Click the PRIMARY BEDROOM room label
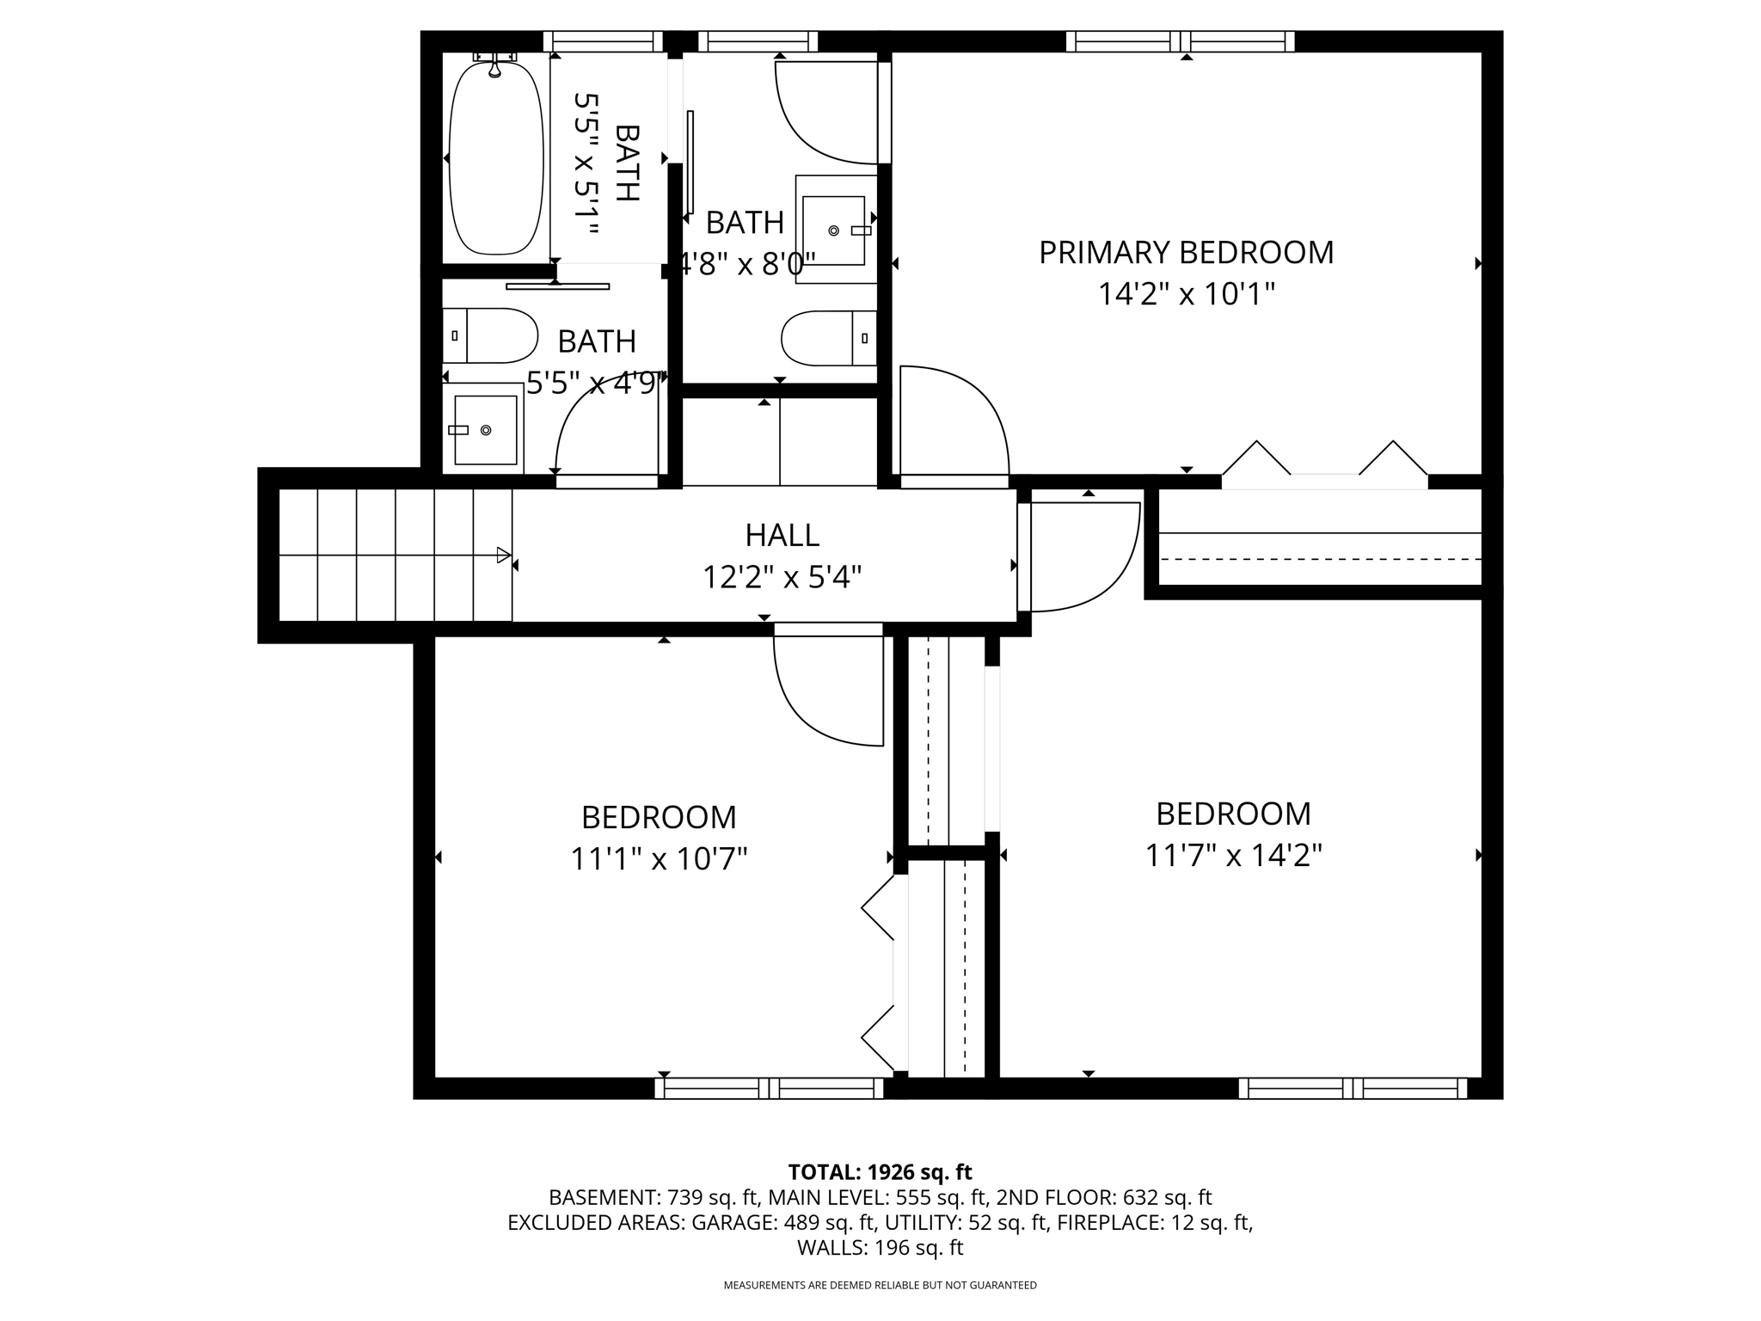point(1186,253)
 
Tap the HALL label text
point(782,535)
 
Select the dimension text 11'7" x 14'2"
point(1233,856)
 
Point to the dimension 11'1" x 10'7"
point(659,858)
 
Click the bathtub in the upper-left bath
point(496,158)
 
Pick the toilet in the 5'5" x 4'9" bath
point(491,335)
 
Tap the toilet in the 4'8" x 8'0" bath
point(828,338)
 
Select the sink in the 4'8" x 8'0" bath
point(834,230)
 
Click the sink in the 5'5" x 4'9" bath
point(484,429)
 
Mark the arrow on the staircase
point(504,556)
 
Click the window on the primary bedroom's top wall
point(1180,41)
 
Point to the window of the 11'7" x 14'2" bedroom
point(1353,1088)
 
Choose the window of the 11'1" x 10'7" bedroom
point(769,1088)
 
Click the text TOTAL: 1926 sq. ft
point(880,1172)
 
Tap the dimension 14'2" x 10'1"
point(1186,295)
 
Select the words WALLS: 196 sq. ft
point(880,1248)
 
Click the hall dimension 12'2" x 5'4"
point(782,577)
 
